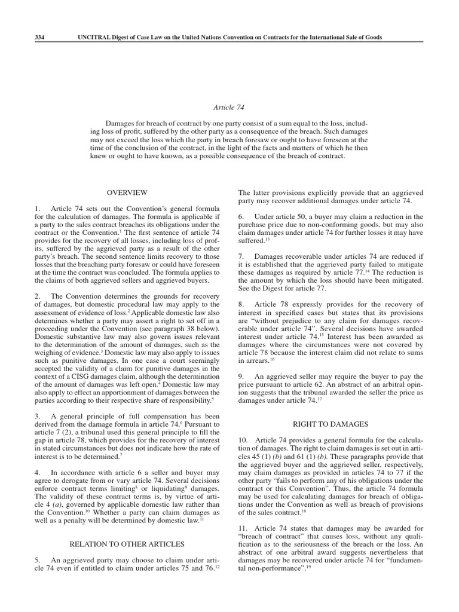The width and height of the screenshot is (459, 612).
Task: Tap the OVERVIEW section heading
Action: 126,192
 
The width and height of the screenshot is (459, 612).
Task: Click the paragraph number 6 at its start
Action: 241,216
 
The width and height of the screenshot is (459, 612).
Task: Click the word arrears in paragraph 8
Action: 253,344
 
